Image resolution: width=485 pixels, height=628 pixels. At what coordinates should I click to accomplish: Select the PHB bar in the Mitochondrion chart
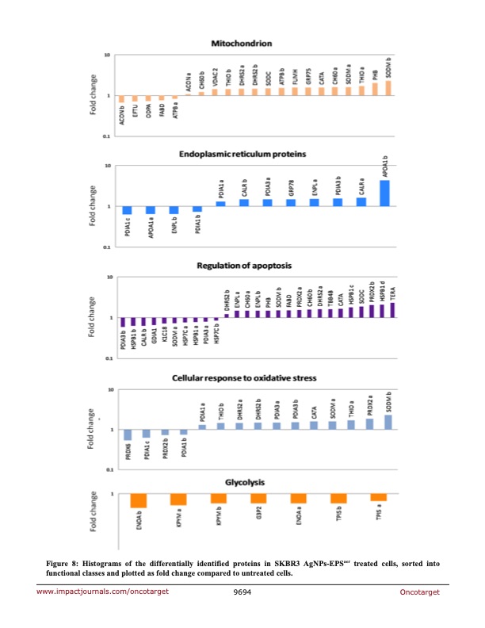point(375,90)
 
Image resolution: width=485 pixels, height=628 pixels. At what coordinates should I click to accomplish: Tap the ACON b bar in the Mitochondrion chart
point(122,99)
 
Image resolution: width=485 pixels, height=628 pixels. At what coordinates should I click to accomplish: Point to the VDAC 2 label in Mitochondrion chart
point(215,78)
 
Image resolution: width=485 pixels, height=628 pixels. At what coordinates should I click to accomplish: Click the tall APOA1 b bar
point(385,193)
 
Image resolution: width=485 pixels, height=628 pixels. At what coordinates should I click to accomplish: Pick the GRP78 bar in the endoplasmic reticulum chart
point(291,202)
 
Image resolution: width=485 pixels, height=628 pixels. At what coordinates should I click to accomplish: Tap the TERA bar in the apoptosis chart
point(391,310)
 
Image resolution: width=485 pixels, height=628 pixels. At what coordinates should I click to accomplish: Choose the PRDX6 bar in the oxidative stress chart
point(128,435)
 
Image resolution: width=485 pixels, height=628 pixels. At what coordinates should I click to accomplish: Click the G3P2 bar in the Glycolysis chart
point(258,499)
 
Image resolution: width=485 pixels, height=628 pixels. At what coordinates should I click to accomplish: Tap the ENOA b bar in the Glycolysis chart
point(138,500)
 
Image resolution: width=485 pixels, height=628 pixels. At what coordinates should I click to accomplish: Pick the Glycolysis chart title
point(245,482)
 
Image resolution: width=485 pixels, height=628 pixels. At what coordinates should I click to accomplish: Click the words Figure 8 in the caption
point(64,563)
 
